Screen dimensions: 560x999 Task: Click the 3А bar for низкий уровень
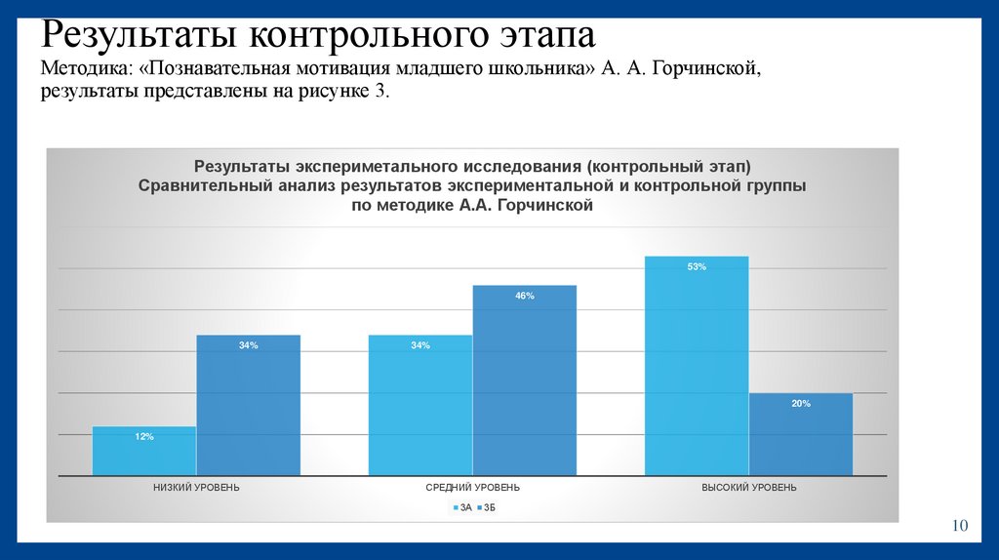144,452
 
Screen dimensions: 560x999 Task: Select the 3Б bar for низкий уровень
248,406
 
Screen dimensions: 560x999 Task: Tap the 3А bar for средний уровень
420,406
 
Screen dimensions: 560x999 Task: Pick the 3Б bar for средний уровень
524,380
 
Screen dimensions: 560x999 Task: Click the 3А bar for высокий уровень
697,366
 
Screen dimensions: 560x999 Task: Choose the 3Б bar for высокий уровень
800,435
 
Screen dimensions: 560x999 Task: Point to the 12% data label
144,436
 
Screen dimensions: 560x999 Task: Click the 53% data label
697,266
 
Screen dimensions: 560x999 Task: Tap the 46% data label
524,296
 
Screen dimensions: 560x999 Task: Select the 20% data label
800,403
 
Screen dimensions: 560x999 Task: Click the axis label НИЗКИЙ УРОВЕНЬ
196,487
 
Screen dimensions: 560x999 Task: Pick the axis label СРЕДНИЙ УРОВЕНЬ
472,487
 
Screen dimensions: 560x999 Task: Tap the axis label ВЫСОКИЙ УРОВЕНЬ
749,487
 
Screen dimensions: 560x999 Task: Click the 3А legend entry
460,507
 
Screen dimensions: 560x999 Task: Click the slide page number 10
959,527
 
